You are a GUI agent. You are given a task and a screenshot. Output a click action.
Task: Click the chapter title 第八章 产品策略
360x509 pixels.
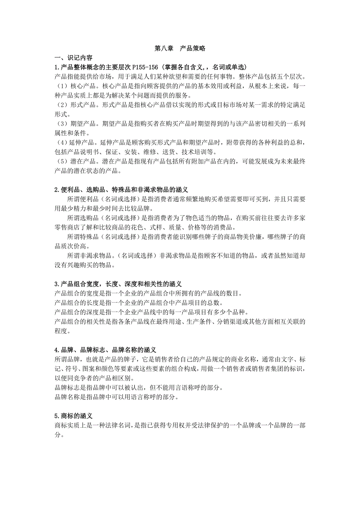(x=180, y=48)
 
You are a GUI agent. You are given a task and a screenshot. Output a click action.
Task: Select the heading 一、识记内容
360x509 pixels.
(x=74, y=57)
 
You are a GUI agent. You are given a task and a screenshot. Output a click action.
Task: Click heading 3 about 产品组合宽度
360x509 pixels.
(x=118, y=284)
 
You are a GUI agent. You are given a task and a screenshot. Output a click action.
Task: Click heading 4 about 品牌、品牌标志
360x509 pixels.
(x=105, y=350)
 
